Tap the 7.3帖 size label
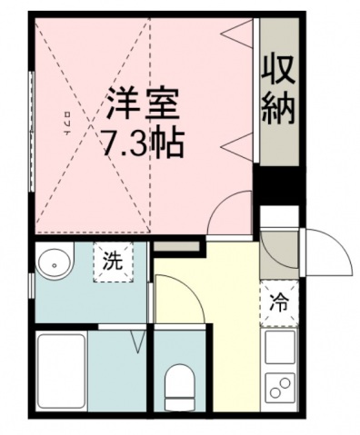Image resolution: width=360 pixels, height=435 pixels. pyautogui.click(x=144, y=143)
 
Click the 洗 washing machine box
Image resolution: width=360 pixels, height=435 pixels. pyautogui.click(x=111, y=264)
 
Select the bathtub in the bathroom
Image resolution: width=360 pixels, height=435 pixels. pyautogui.click(x=62, y=371)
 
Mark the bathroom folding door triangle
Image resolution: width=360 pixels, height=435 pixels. pyautogui.click(x=139, y=342)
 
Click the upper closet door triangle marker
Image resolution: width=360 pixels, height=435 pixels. pyautogui.click(x=236, y=37)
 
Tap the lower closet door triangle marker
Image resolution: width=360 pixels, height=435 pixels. pyautogui.click(x=236, y=142)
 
